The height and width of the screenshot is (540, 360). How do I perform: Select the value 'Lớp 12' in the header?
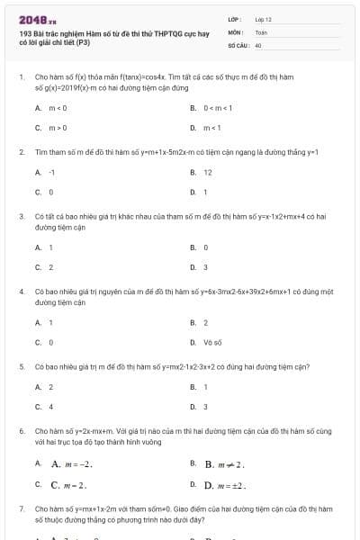(263, 19)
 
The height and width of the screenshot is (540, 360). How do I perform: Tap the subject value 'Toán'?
(261, 31)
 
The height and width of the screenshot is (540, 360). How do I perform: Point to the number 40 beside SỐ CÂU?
(258, 44)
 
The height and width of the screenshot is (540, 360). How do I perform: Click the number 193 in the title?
(24, 32)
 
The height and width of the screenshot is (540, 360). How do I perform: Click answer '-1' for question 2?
(52, 172)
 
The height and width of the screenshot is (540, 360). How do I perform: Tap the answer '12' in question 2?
(208, 172)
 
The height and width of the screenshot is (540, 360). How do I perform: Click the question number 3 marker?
(22, 217)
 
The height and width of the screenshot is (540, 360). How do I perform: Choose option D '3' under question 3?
(205, 266)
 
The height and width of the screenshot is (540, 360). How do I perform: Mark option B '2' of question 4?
(205, 322)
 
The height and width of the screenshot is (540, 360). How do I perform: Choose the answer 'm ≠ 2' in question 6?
(225, 464)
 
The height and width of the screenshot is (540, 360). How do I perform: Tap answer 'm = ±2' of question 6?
(226, 485)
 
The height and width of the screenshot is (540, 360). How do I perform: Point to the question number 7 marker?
(22, 508)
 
